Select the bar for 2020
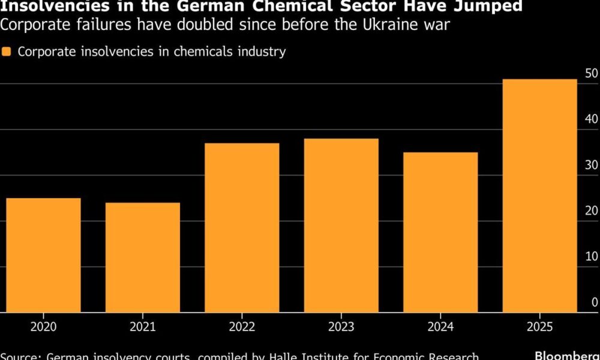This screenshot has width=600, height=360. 43,255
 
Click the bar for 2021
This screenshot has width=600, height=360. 142,257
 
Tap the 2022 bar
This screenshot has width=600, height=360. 242,227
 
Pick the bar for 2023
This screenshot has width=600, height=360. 341,225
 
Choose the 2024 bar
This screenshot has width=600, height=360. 440,232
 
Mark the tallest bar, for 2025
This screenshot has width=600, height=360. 539,196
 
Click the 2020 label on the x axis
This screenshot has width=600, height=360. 43,328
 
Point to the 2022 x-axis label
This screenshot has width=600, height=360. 242,328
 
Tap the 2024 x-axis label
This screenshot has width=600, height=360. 440,328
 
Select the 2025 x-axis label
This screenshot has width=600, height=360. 539,328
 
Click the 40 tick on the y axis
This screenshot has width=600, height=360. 591,119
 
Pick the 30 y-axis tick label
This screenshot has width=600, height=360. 591,165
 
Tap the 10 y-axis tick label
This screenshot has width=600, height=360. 591,257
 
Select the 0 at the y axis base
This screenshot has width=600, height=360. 595,302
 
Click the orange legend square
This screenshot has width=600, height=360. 7,52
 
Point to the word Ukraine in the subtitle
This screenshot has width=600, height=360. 376,25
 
